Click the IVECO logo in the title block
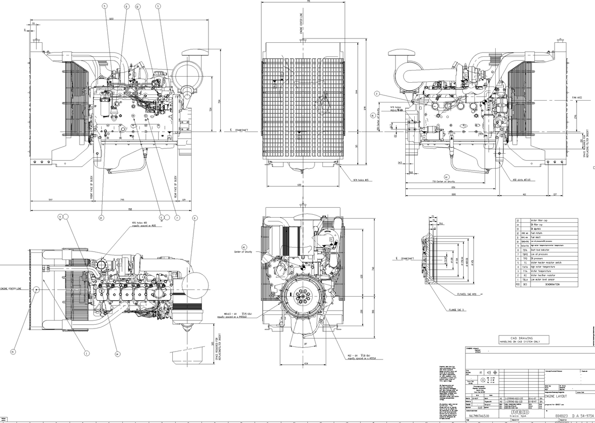(x=519, y=412)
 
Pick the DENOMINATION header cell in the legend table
(x=552, y=284)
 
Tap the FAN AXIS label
(x=577, y=98)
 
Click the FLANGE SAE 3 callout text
(x=456, y=310)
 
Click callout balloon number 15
(x=13, y=352)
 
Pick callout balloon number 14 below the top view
(x=117, y=354)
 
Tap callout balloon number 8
(x=195, y=218)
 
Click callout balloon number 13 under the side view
(x=101, y=218)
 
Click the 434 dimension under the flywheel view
(x=306, y=363)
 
